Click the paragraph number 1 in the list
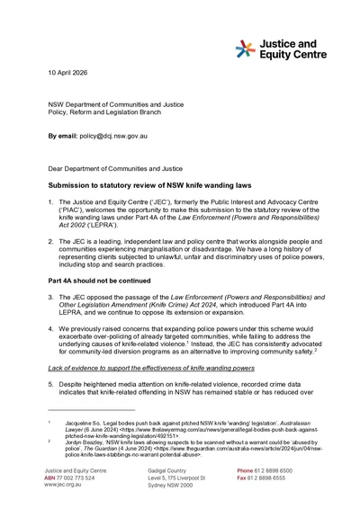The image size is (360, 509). coord(50,199)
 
